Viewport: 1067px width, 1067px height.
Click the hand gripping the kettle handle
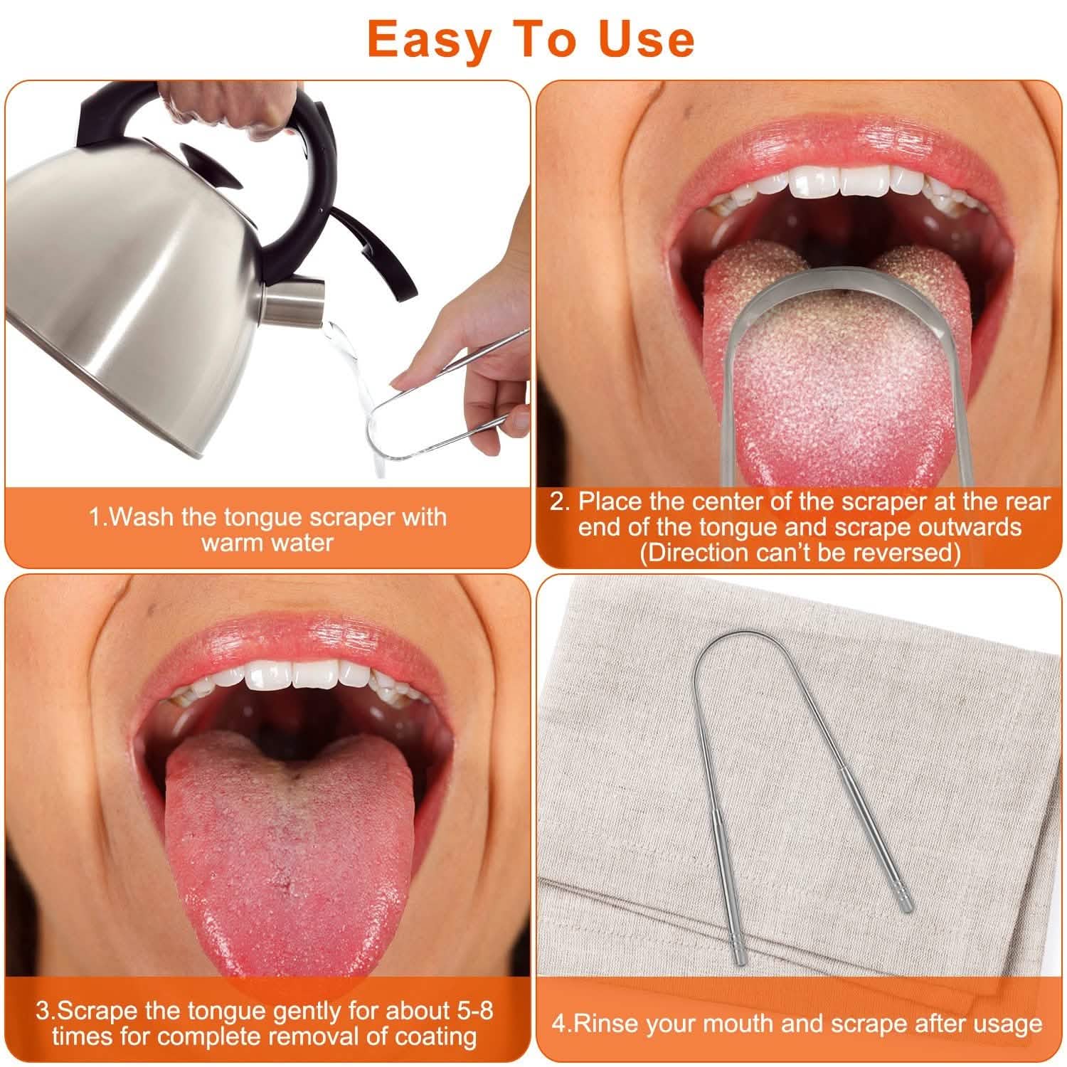[228, 103]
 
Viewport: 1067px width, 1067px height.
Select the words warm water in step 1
[267, 543]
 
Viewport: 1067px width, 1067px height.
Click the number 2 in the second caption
[560, 501]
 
